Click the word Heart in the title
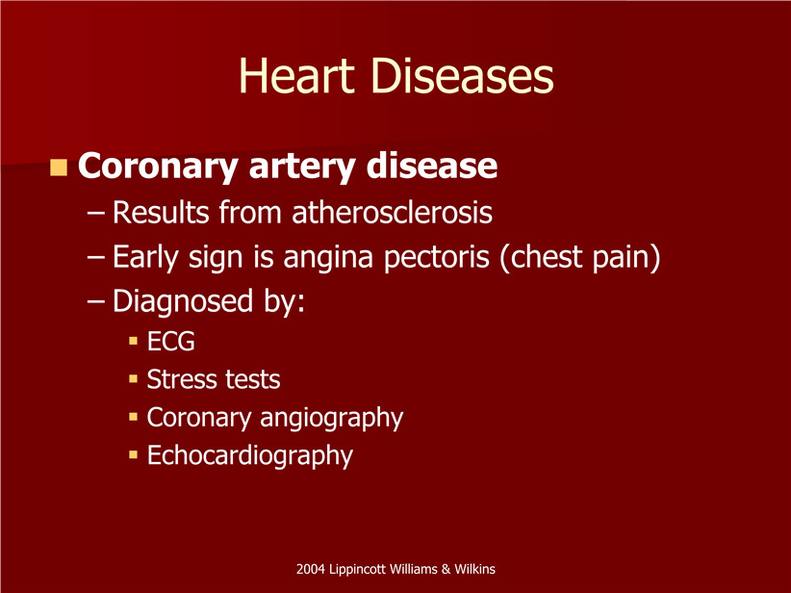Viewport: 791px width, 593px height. [296, 76]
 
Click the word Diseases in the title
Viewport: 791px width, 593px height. [463, 76]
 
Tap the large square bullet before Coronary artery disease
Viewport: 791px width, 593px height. [59, 168]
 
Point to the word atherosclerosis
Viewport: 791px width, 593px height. [392, 212]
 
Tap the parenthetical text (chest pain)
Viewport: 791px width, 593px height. [579, 257]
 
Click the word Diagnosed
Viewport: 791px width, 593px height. [183, 302]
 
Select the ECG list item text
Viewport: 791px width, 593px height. [170, 341]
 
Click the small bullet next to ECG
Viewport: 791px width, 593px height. [133, 341]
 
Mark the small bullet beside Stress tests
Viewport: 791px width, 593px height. [133, 378]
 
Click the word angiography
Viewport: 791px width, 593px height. [331, 419]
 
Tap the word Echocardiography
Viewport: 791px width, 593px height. [249, 456]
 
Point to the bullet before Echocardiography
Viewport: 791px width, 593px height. [133, 454]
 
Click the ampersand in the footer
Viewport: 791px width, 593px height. [446, 569]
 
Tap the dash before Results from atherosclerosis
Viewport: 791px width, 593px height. [96, 213]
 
